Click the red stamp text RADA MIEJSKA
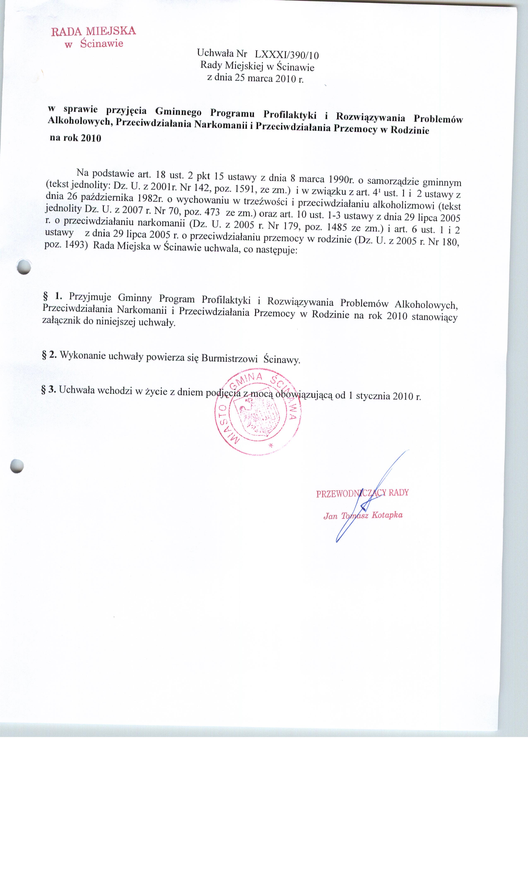[x=94, y=31]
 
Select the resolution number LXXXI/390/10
[x=287, y=55]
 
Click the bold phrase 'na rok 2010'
[x=76, y=138]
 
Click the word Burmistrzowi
[x=229, y=358]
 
